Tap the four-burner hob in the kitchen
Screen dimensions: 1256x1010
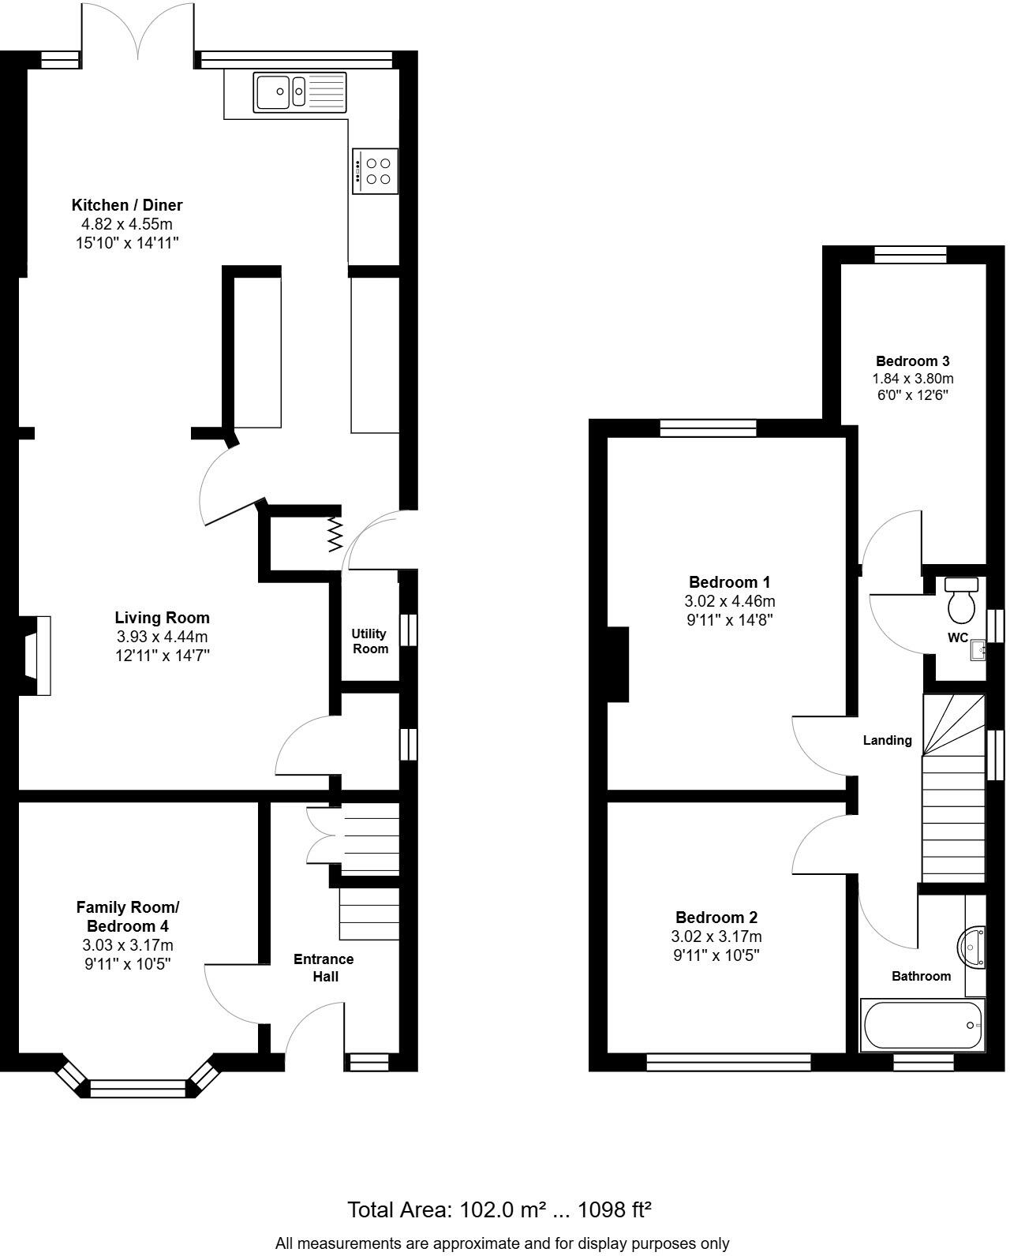click(376, 171)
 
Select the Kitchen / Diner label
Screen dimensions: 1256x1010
click(127, 205)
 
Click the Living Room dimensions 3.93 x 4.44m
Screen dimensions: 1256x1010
click(162, 636)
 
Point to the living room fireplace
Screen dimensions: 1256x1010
click(36, 656)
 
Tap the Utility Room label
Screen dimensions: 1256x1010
click(369, 641)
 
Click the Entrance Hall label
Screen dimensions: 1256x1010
click(324, 967)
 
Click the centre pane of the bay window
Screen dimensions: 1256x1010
click(138, 1089)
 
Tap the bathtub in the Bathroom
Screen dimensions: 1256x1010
click(922, 1025)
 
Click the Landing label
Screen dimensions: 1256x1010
click(887, 740)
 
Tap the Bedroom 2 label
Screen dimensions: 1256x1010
click(716, 918)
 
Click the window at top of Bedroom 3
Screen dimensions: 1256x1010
click(910, 253)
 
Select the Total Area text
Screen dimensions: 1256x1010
click(499, 1209)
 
